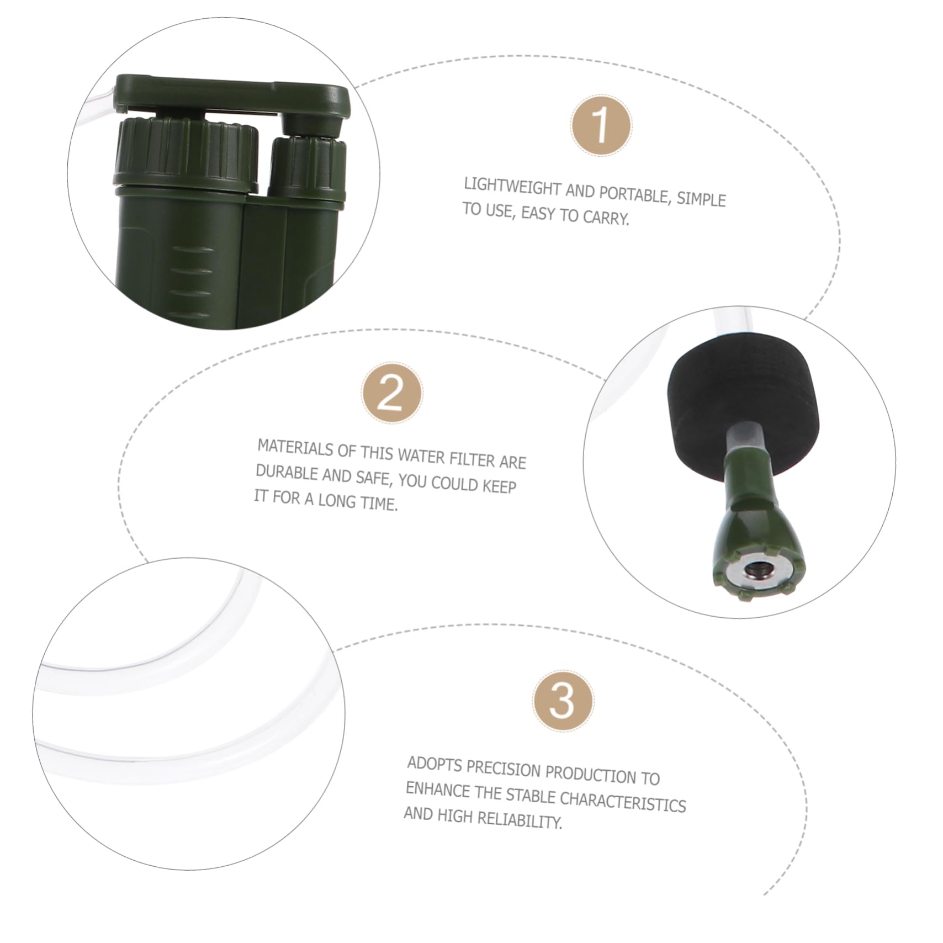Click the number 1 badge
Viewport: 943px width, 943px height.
[601, 125]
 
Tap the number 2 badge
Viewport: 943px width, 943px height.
[392, 394]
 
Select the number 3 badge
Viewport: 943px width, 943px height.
[563, 702]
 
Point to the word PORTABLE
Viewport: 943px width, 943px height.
[633, 194]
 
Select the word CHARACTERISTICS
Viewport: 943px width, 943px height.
[622, 801]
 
